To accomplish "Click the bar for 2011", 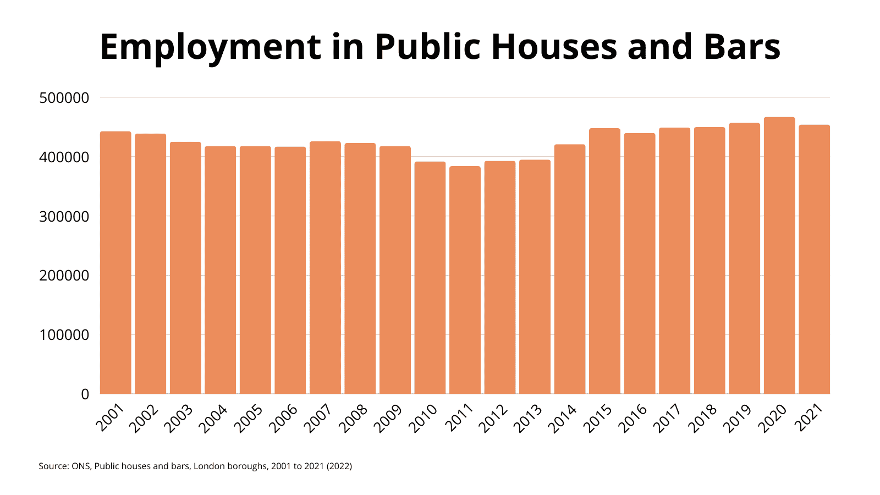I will [465, 280].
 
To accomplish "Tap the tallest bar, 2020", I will [779, 256].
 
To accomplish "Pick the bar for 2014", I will [570, 269].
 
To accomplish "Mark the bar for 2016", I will [640, 263].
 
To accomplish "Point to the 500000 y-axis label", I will [64, 98].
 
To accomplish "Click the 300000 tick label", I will [64, 217].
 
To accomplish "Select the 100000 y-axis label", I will [64, 335].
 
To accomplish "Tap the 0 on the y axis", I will [85, 394].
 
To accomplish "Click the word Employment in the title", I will [210, 47].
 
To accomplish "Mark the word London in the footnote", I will [210, 466].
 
